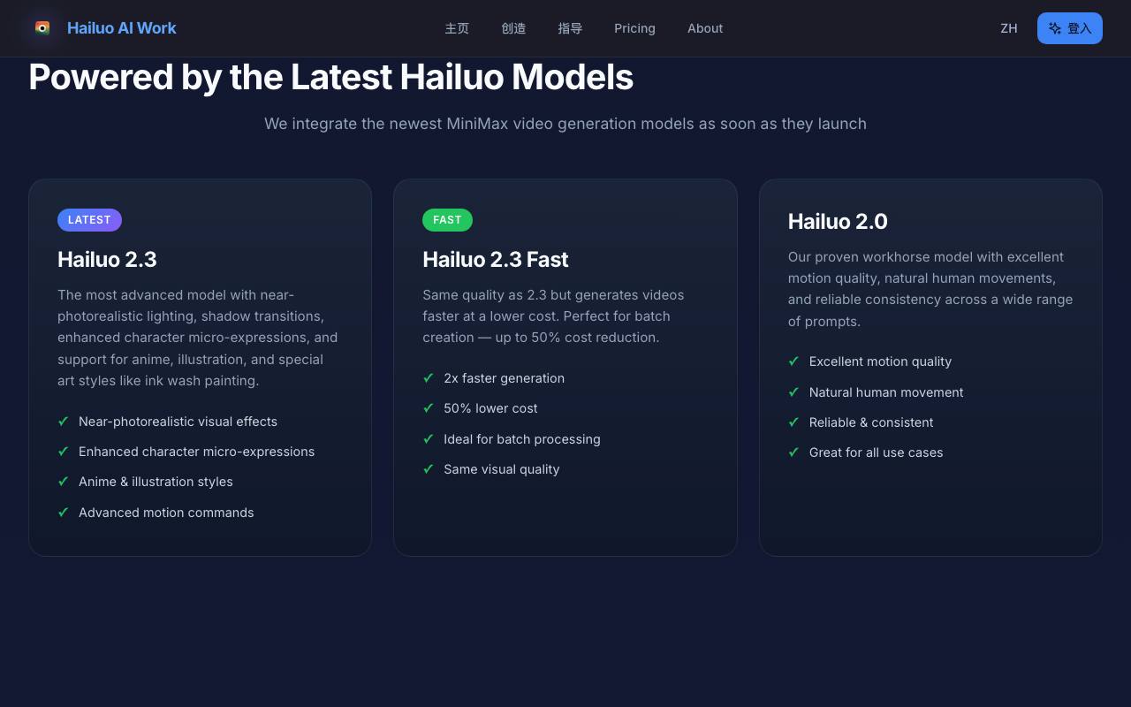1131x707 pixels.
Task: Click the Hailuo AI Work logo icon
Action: pyautogui.click(x=42, y=27)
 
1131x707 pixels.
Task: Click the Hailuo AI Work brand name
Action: pyautogui.click(x=122, y=28)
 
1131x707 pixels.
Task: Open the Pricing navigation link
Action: pyautogui.click(x=634, y=28)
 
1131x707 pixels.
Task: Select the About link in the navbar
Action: pyautogui.click(x=705, y=28)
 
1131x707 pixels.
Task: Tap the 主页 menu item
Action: pyautogui.click(x=457, y=28)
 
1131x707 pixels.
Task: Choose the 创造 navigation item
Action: pyautogui.click(x=513, y=28)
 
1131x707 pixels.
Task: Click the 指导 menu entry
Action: pyautogui.click(x=570, y=28)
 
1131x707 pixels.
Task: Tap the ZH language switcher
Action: pyautogui.click(x=1009, y=28)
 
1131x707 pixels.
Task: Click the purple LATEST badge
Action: pyautogui.click(x=89, y=220)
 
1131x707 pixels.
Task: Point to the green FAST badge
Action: pyautogui.click(x=447, y=220)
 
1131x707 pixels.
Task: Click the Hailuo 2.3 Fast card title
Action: pyautogui.click(x=496, y=260)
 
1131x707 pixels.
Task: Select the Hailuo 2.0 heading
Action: pyautogui.click(x=838, y=221)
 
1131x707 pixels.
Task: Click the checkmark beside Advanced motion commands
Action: pyautogui.click(x=63, y=512)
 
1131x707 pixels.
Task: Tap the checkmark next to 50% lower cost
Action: pyautogui.click(x=429, y=407)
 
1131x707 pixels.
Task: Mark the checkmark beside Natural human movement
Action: pyautogui.click(x=793, y=392)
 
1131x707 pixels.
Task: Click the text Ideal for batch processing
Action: pyautogui.click(x=522, y=439)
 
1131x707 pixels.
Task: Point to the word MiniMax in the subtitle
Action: pyautogui.click(x=477, y=124)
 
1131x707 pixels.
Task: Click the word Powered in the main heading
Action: pyautogui.click(x=101, y=77)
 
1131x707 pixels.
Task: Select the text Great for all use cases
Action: pyautogui.click(x=876, y=452)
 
